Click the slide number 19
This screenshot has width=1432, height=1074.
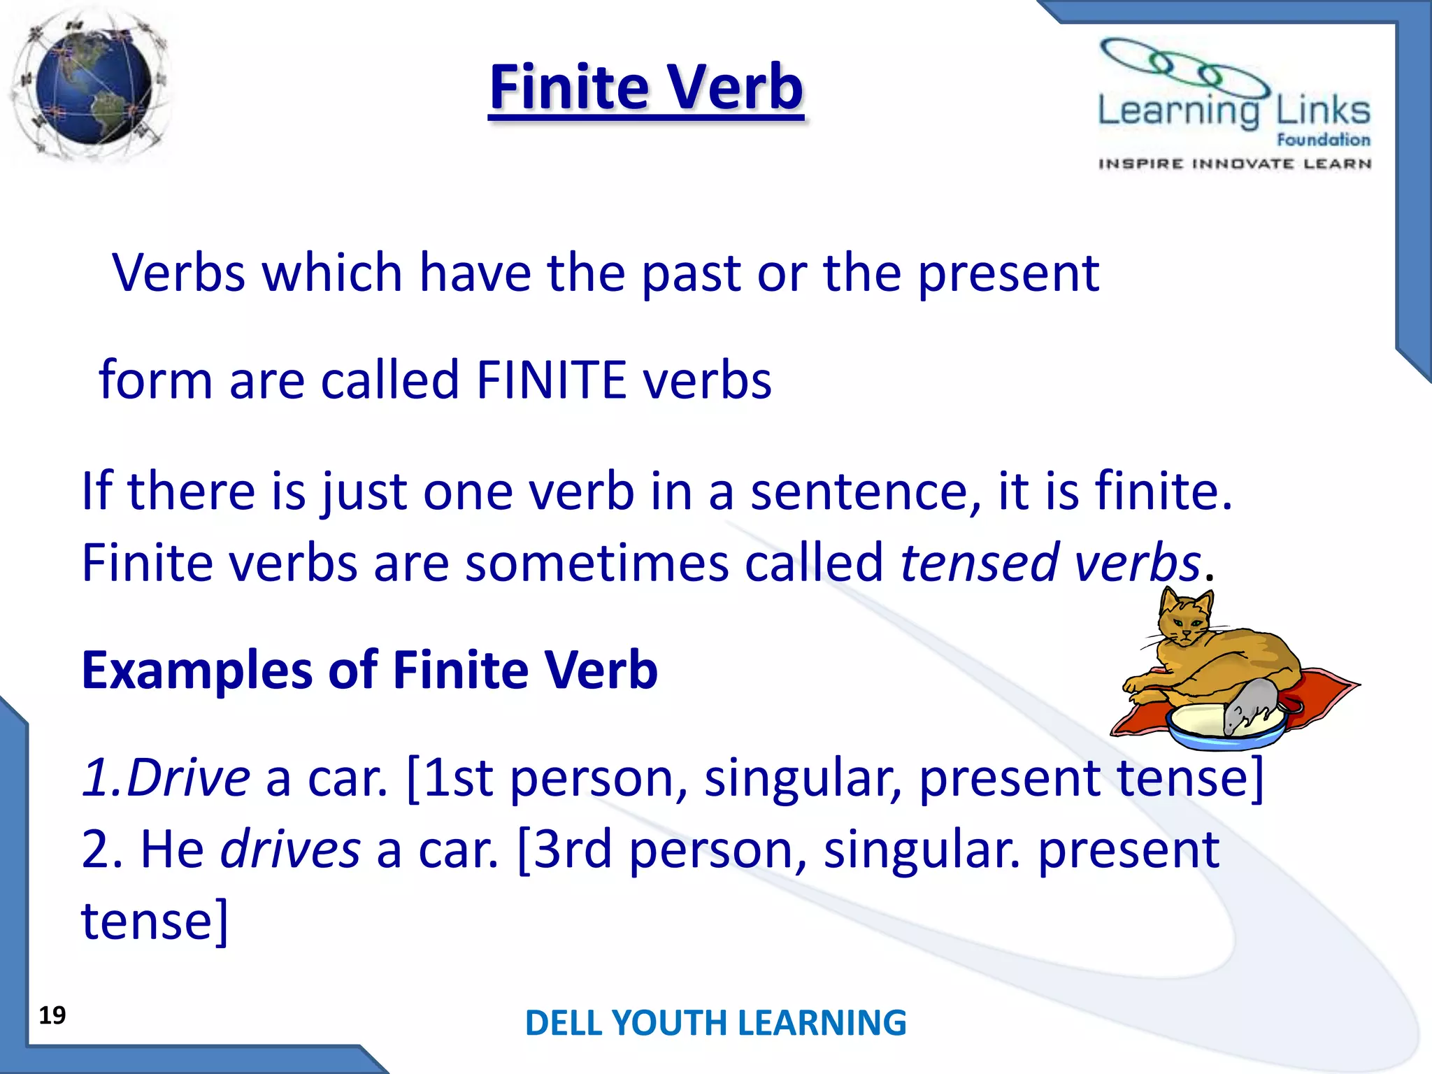(x=52, y=1015)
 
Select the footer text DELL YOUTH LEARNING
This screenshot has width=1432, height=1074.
(x=715, y=1023)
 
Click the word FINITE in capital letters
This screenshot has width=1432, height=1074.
(x=551, y=380)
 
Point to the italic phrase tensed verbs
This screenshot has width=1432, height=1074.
(x=1050, y=563)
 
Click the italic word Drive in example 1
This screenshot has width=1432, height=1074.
(x=187, y=778)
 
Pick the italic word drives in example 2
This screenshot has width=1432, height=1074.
(x=290, y=850)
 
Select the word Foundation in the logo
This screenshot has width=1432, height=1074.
(x=1323, y=140)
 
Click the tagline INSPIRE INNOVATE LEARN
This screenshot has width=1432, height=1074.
(x=1234, y=164)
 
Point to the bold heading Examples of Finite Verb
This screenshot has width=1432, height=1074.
(x=369, y=671)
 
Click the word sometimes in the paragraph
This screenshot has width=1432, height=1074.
(x=596, y=563)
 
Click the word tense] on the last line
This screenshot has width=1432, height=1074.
(x=155, y=922)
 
